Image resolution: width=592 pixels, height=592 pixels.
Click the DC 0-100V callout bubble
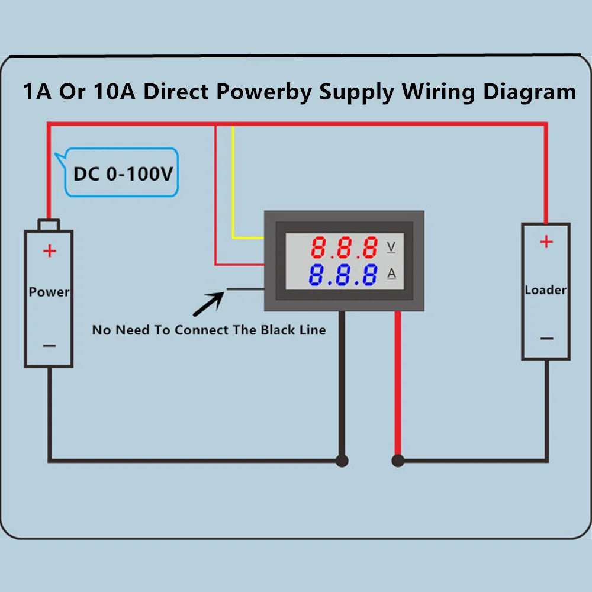122,173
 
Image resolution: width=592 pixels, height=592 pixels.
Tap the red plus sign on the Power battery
50,251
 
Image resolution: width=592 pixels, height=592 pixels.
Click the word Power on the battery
49,292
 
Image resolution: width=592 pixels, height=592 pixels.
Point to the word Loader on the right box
545,290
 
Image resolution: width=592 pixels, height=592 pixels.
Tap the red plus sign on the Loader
546,242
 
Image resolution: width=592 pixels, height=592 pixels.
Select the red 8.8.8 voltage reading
345,247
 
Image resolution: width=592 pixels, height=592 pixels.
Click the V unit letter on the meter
391,246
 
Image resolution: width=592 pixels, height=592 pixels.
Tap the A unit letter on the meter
391,274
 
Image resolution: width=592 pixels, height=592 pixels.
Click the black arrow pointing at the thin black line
208,304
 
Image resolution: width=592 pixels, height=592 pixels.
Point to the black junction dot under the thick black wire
342,461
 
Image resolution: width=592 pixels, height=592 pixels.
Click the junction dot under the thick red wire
398,461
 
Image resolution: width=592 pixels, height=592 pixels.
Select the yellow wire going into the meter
234,189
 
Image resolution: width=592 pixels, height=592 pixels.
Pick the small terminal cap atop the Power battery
49,224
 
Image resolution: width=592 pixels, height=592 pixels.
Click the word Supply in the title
357,92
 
